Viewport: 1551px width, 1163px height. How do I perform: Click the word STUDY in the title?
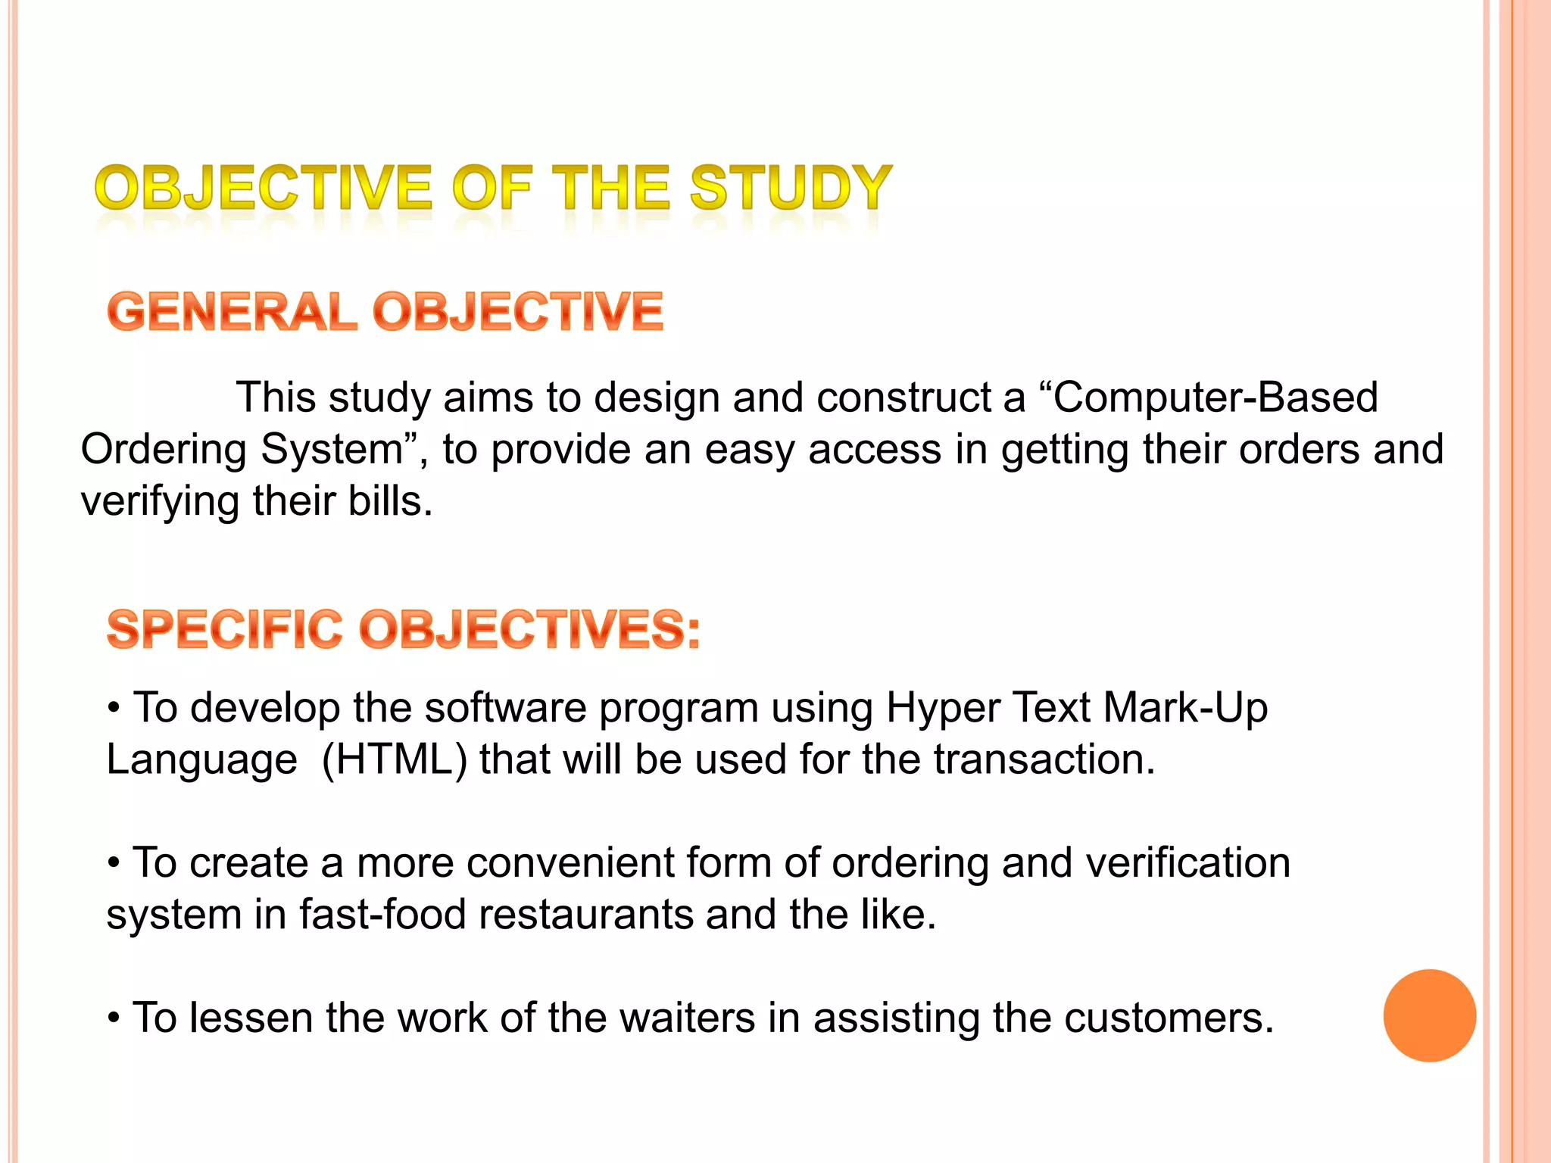(791, 188)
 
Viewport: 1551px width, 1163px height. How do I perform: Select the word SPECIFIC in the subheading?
(225, 629)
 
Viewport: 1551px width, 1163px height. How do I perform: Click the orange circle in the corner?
(1429, 1015)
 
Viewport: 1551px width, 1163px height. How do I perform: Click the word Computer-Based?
(1215, 398)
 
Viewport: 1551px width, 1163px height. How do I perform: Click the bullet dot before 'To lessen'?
(114, 1018)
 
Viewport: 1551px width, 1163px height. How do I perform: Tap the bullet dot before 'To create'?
(114, 863)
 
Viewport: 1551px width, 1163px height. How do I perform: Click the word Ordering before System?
(164, 450)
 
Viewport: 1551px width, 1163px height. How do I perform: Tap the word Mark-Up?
(1185, 708)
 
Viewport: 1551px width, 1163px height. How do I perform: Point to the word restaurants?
(585, 915)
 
